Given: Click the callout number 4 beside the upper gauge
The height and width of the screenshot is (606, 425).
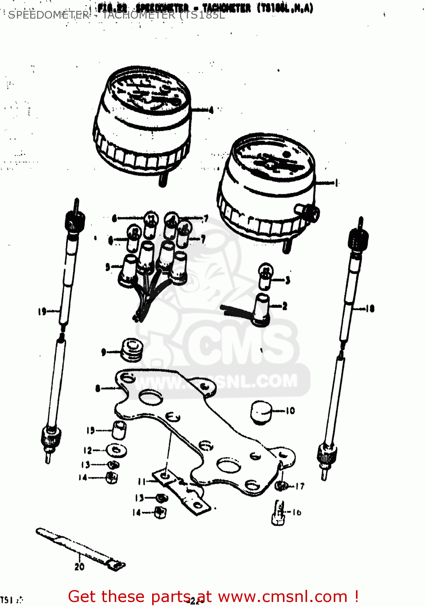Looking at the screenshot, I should [x=211, y=110].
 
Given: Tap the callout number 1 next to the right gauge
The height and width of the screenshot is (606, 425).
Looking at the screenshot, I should [x=336, y=183].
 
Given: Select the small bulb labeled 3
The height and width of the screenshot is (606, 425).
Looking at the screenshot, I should [x=265, y=277].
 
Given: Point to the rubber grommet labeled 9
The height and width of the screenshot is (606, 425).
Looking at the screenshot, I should [x=132, y=350].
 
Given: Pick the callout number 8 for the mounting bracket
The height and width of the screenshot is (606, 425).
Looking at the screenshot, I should [x=98, y=389].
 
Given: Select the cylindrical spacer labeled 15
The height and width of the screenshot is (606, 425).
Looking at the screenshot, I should [x=119, y=430].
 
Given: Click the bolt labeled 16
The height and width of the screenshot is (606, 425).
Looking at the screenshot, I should [x=278, y=513].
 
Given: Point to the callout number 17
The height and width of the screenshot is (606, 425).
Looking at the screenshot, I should [x=299, y=486].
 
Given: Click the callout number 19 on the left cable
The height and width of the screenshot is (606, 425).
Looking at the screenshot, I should [x=42, y=311].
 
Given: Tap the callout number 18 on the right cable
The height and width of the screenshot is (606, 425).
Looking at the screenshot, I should [x=370, y=309].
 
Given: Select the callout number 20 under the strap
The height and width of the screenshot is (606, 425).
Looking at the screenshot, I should [x=79, y=567].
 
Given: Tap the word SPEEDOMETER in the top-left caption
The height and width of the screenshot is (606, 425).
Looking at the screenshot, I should [x=48, y=15].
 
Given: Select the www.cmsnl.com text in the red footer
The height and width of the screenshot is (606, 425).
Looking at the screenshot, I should [x=283, y=596].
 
